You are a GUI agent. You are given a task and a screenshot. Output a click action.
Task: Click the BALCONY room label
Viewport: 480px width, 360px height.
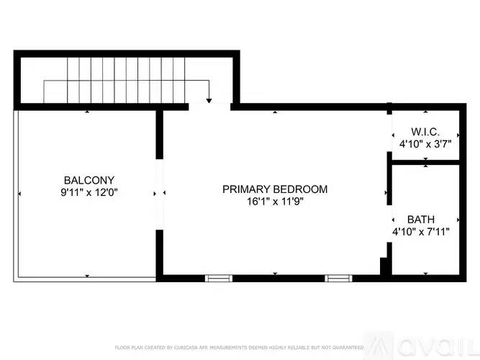tap(89, 180)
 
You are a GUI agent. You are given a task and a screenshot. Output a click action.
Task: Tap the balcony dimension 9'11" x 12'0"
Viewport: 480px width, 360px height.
tap(89, 192)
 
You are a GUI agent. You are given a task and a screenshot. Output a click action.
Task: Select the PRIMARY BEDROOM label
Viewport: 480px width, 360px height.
tap(274, 189)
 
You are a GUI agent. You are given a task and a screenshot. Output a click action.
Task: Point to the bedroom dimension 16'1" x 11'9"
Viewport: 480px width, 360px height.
tap(274, 202)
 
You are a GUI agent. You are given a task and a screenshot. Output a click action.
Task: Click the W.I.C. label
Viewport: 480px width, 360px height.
tap(425, 132)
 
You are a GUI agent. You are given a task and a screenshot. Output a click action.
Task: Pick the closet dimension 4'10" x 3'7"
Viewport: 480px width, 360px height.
tap(425, 144)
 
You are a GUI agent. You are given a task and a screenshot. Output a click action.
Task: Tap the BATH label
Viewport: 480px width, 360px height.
tap(421, 219)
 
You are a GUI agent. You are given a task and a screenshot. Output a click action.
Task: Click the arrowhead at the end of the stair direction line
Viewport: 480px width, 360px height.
tap(209, 101)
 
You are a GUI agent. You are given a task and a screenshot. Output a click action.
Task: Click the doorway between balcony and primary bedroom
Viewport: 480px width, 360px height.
tap(160, 193)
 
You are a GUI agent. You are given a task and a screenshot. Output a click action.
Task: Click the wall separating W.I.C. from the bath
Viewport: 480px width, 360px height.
tap(425, 163)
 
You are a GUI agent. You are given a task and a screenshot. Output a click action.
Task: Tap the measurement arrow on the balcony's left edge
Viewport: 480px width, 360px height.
tap(19, 193)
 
